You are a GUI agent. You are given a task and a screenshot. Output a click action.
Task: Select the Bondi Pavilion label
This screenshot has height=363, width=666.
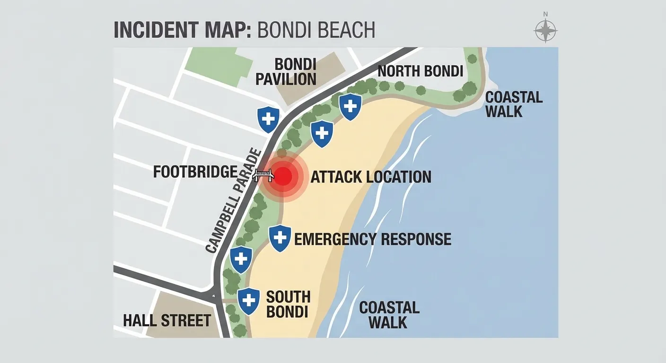click(x=286, y=71)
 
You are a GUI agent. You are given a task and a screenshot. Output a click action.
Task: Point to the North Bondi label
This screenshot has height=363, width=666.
click(x=420, y=71)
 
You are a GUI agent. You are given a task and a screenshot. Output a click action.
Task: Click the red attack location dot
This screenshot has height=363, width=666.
click(x=282, y=176)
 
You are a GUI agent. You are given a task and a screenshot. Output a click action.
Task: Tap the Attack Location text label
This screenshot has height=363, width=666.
click(x=371, y=177)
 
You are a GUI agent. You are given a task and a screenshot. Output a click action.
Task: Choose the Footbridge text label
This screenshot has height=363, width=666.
click(x=195, y=172)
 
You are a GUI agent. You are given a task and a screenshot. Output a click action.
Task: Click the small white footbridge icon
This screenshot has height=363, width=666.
click(x=263, y=175)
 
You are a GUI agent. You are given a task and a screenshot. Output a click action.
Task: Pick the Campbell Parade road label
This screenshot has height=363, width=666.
click(x=234, y=200)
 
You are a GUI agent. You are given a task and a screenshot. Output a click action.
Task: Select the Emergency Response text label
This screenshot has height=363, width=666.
click(x=373, y=239)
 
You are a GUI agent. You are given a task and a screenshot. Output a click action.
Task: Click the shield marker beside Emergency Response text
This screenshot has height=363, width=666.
click(x=280, y=238)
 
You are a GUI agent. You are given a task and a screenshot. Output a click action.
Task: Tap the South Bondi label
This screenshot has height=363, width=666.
click(x=288, y=304)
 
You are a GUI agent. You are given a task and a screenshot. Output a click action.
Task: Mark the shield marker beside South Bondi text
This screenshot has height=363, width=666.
click(x=248, y=301)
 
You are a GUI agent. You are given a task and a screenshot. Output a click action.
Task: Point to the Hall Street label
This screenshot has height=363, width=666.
click(x=166, y=320)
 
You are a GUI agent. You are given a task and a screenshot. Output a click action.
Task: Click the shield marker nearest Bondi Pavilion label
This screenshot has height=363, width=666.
click(x=268, y=119)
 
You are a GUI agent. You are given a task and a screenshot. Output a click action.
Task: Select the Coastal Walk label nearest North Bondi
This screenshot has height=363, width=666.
click(x=514, y=104)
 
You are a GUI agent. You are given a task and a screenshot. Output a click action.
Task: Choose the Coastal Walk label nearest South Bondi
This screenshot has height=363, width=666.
click(x=389, y=315)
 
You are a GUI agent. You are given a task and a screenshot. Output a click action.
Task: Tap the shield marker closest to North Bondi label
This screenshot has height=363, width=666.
click(x=351, y=106)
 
